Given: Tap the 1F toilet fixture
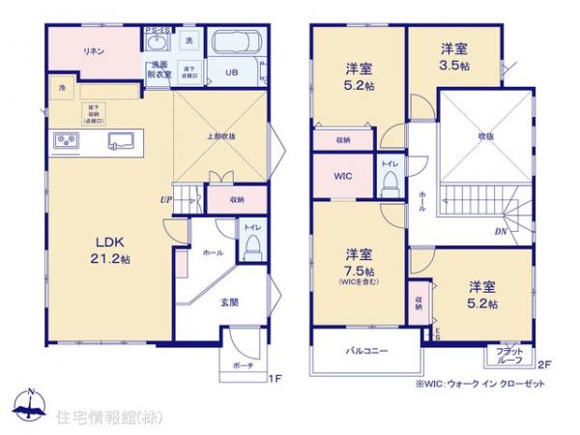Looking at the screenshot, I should point(251,249).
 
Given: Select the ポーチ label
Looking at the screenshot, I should point(243,366).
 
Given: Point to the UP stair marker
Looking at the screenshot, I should point(166,201).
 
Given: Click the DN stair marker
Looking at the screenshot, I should point(501,231).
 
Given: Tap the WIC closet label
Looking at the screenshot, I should point(343,177).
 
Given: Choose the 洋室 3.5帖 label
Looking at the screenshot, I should point(455,56).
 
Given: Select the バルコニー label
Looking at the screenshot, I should point(366,352).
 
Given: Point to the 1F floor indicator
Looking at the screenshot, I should point(274,378).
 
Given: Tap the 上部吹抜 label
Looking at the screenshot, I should point(221,136).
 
